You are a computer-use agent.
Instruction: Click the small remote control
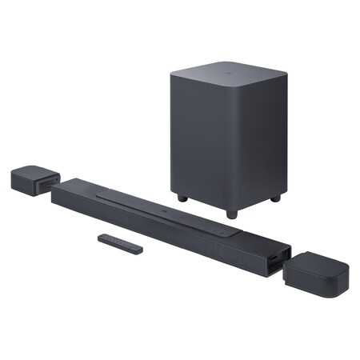120,243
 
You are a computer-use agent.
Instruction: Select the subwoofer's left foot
183,197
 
